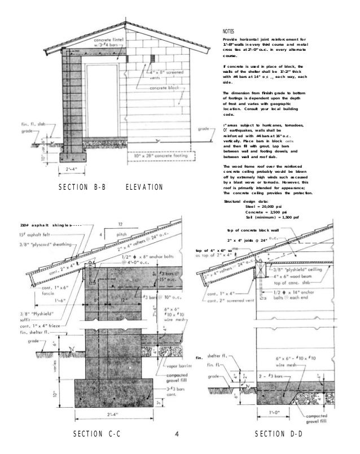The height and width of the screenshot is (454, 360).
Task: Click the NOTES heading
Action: click(x=229, y=32)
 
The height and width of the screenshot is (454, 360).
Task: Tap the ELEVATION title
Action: click(x=143, y=187)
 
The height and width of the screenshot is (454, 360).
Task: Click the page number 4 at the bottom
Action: click(x=177, y=434)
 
